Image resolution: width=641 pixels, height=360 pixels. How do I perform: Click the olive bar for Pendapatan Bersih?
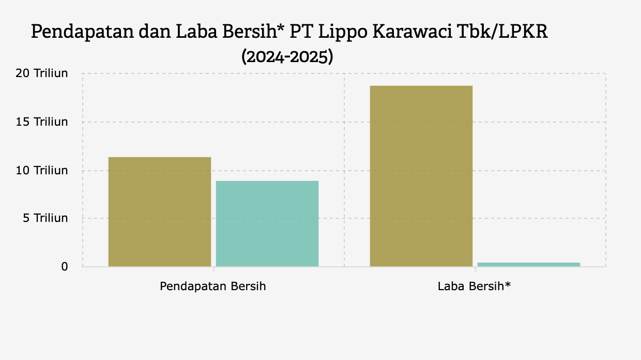point(160,212)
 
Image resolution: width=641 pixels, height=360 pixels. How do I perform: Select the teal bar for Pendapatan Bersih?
point(267,223)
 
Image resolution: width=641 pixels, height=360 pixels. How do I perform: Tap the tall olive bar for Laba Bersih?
point(421,176)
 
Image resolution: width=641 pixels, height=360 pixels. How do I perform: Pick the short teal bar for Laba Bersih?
point(528,264)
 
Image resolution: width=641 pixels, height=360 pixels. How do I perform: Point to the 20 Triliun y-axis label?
point(43,73)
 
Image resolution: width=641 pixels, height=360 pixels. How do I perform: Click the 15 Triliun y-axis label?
point(43,122)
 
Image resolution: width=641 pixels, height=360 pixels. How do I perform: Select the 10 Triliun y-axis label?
point(43,170)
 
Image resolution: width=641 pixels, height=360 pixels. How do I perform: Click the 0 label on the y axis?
point(65,267)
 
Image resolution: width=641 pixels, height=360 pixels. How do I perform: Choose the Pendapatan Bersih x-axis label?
point(213,286)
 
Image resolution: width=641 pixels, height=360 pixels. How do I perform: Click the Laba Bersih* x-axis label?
point(474,286)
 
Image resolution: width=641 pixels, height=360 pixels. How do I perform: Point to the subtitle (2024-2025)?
point(287,56)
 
